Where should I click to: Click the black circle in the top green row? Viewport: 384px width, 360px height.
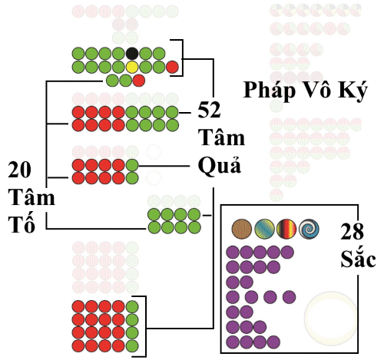[x=132, y=54]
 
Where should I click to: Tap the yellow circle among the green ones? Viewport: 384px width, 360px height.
[x=132, y=67]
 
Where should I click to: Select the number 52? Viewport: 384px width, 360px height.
[x=209, y=110]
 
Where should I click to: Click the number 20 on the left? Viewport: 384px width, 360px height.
[x=19, y=170]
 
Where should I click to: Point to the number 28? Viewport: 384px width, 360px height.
[x=352, y=231]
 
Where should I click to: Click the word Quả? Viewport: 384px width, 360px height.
[x=220, y=166]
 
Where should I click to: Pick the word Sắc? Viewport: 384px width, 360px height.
[x=358, y=258]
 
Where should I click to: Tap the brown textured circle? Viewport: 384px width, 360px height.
[x=242, y=229]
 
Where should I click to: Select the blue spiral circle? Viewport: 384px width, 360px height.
[x=309, y=229]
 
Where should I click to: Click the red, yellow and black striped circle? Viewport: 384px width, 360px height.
[x=286, y=229]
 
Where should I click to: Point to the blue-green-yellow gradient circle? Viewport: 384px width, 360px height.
[x=264, y=229]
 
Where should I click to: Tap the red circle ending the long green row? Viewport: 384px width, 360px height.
[x=172, y=68]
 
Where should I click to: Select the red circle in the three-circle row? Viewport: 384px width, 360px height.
[x=139, y=81]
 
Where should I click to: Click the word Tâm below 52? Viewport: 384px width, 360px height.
[x=222, y=137]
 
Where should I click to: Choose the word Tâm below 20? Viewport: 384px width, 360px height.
[x=31, y=197]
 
